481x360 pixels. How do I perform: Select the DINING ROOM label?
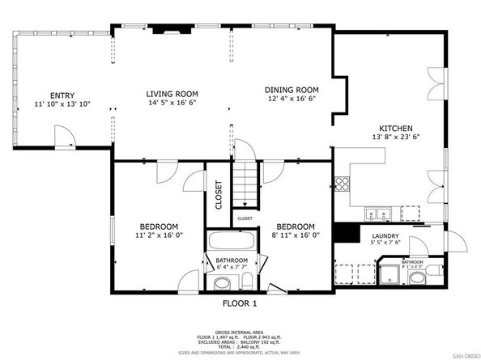click(291, 90)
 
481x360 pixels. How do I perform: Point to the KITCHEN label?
click(397, 129)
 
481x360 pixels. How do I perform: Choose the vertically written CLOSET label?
click(219, 194)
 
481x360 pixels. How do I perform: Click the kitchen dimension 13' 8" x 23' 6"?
click(397, 138)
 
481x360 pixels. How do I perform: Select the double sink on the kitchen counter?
click(377, 214)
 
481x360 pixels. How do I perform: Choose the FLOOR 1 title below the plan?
click(240, 303)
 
